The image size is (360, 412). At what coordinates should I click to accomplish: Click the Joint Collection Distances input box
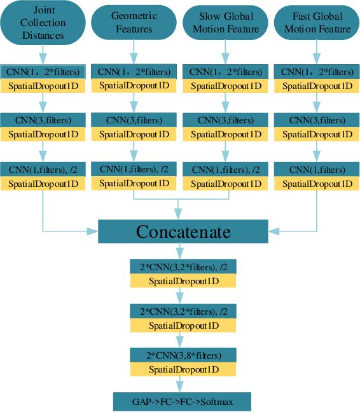pyautogui.click(x=42, y=23)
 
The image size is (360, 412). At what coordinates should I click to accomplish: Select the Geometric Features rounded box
pyautogui.click(x=132, y=23)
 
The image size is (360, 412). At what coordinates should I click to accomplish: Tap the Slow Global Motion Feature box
pyautogui.click(x=225, y=23)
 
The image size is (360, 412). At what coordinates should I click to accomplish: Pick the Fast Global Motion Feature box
pyautogui.click(x=317, y=23)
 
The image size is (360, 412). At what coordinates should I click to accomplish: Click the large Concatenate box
pyautogui.click(x=183, y=231)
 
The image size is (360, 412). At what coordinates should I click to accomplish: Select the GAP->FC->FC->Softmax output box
pyautogui.click(x=182, y=402)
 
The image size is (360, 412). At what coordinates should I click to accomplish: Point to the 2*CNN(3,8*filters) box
pyautogui.click(x=183, y=355)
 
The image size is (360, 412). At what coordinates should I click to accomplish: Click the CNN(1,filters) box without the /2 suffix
pyautogui.click(x=317, y=170)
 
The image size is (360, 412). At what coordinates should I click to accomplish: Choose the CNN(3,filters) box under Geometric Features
pyautogui.click(x=134, y=120)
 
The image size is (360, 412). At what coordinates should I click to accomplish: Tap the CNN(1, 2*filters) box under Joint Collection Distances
pyautogui.click(x=42, y=71)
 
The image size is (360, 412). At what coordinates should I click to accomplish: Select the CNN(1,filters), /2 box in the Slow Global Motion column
pyautogui.click(x=225, y=170)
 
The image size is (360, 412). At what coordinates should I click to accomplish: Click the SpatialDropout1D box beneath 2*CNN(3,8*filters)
pyautogui.click(x=183, y=369)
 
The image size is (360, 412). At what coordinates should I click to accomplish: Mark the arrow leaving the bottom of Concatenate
pyautogui.click(x=183, y=251)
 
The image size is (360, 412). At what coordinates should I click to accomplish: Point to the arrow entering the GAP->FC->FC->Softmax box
pyautogui.click(x=183, y=384)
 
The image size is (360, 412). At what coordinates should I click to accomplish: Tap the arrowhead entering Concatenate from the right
pyautogui.click(x=270, y=231)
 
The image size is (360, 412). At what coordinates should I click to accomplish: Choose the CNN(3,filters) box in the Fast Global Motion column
pyautogui.click(x=317, y=120)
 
